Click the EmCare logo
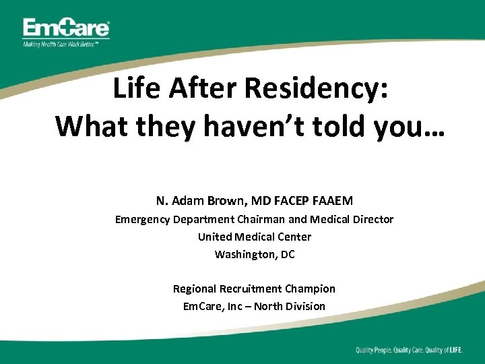pos(66,29)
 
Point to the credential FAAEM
pos(333,200)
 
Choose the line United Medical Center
pos(254,237)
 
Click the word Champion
pos(311,289)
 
